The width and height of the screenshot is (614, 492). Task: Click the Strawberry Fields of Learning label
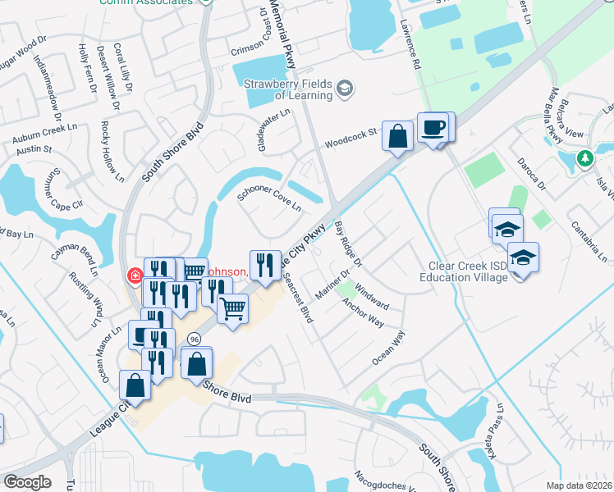tap(286, 89)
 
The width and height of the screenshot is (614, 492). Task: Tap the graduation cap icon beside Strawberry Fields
tap(346, 87)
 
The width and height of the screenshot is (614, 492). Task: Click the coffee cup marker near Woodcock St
tap(433, 128)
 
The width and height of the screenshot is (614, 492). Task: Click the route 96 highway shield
tap(194, 338)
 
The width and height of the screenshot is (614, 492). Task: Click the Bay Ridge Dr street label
tap(349, 243)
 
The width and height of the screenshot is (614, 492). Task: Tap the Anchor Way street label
tap(364, 312)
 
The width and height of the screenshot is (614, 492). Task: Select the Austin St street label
tap(34, 151)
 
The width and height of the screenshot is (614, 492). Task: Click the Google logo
tap(27, 481)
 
